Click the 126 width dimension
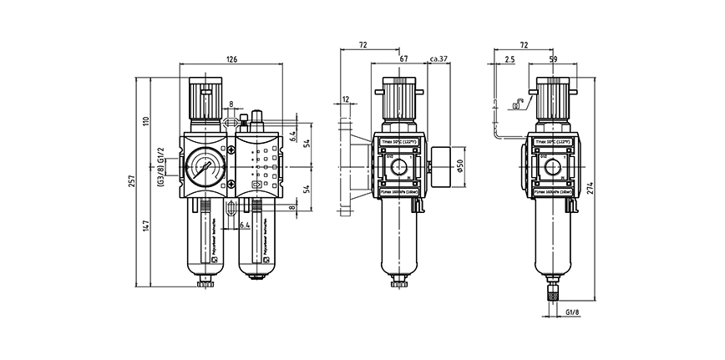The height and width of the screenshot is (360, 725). point(232,58)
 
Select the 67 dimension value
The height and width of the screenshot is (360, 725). point(404,58)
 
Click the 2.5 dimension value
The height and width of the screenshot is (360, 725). point(510,58)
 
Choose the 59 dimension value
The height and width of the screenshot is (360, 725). point(552,58)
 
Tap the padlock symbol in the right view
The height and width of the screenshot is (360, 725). point(519,104)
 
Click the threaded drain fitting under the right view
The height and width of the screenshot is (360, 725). point(551,292)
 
